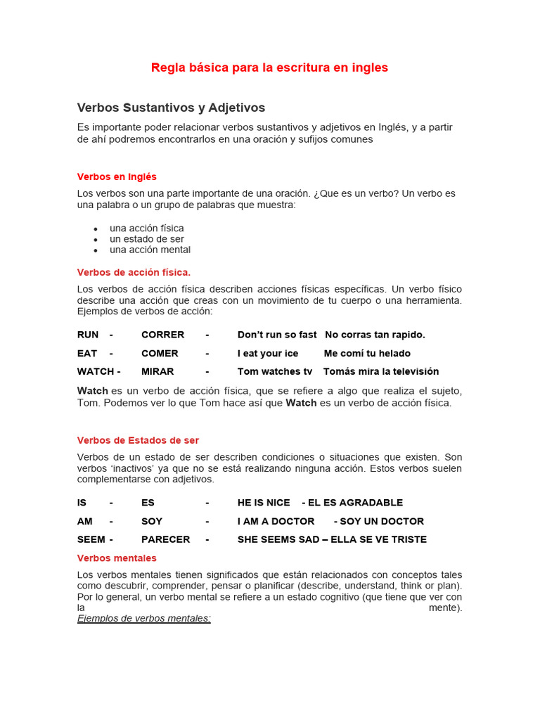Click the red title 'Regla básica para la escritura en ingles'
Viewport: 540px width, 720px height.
(269, 67)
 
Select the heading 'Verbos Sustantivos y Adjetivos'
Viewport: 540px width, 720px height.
(171, 108)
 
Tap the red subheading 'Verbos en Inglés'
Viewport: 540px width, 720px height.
(117, 176)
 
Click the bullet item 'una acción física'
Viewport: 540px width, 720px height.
(146, 229)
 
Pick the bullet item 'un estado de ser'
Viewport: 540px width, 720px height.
(146, 239)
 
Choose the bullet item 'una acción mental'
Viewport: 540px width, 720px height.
(150, 250)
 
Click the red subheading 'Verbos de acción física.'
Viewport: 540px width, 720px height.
(134, 272)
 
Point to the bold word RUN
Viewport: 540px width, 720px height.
(88, 335)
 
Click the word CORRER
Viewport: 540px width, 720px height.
(162, 335)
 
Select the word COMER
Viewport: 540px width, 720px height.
(160, 353)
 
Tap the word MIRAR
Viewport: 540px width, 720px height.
(157, 371)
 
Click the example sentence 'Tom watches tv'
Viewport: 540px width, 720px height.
(274, 371)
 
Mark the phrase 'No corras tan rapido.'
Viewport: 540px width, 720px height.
(375, 335)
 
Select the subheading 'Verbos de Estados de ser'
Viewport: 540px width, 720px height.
(138, 440)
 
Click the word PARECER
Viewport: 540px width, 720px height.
(165, 539)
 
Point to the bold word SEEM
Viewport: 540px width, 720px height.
(91, 539)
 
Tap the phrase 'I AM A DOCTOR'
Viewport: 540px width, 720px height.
(276, 521)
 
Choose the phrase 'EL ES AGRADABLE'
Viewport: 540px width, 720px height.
(355, 503)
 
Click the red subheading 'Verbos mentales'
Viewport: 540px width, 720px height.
(117, 558)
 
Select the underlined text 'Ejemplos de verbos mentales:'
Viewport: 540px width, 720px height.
(144, 618)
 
